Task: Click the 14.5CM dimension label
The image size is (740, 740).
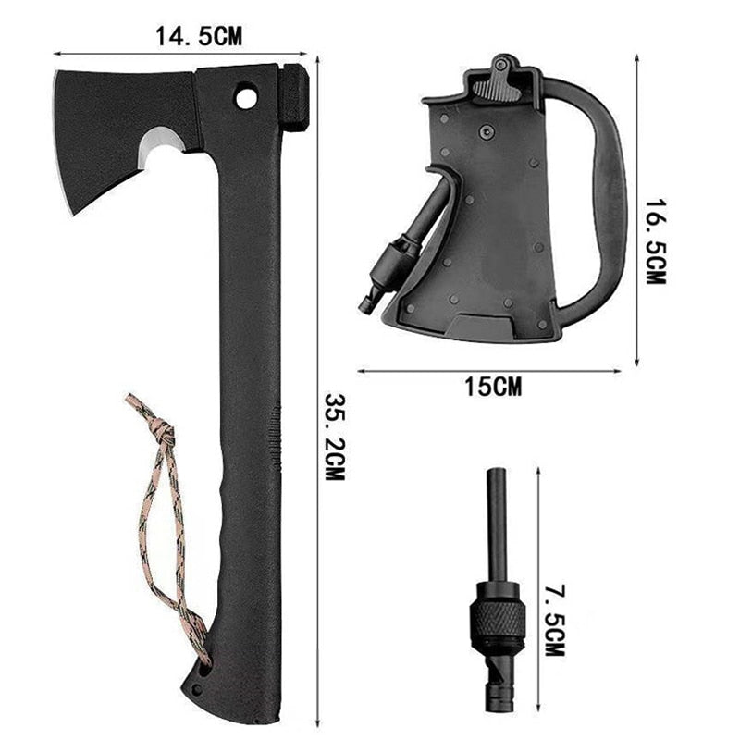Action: [x=199, y=36]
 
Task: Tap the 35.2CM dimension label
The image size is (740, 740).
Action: [x=336, y=437]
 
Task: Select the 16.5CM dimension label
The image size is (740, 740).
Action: [x=656, y=241]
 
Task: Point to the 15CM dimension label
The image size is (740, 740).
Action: [x=493, y=387]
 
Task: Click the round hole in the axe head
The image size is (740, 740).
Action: [x=246, y=98]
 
